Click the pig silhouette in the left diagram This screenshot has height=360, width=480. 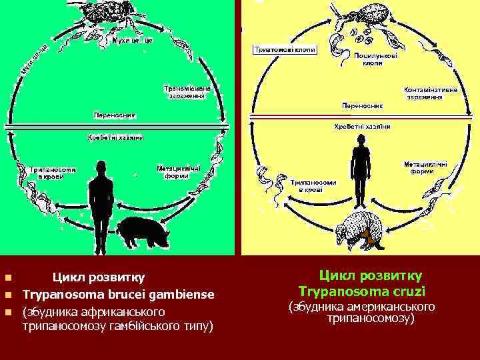tap(143, 232)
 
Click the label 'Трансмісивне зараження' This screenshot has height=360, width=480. tap(187, 91)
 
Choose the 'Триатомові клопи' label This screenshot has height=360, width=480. tap(284, 50)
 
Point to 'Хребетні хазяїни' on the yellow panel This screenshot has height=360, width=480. tap(361, 125)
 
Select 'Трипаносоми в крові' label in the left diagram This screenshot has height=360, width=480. tap(53, 173)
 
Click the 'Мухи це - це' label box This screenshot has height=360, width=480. tap(133, 41)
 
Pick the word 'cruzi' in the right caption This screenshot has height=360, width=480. tap(409, 291)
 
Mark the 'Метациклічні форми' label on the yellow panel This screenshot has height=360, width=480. tap(425, 167)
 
